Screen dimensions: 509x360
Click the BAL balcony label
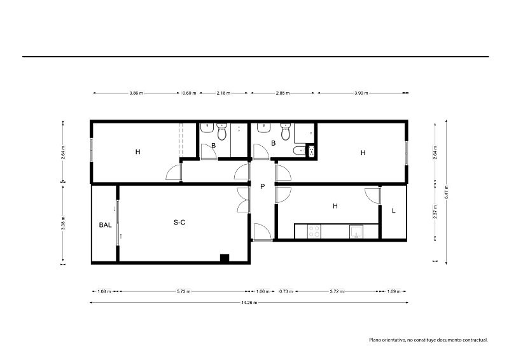pos(105,225)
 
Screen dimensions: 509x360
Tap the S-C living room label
pos(179,223)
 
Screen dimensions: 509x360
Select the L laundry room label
pos(394,211)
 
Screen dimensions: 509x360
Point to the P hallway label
pos(262,186)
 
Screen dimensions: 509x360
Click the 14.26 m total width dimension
pos(249,303)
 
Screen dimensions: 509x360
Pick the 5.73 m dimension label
pos(183,291)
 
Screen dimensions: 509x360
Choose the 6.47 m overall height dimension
pos(447,192)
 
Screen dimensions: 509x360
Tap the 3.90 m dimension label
pos(361,93)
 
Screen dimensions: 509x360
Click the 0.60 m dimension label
pos(189,93)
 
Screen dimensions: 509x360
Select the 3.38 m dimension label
pos(63,223)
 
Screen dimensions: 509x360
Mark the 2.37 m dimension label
pos(435,212)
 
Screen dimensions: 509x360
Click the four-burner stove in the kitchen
pos(314,232)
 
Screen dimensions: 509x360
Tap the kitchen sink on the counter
pos(356,232)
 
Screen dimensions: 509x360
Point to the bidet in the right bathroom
pos(298,151)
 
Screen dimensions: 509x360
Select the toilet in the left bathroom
pos(222,132)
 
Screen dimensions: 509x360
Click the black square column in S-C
pos(225,258)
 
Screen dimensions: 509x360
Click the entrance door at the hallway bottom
pos(262,232)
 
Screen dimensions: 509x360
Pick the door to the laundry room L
pos(373,196)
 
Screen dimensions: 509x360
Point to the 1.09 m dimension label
pos(393,291)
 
